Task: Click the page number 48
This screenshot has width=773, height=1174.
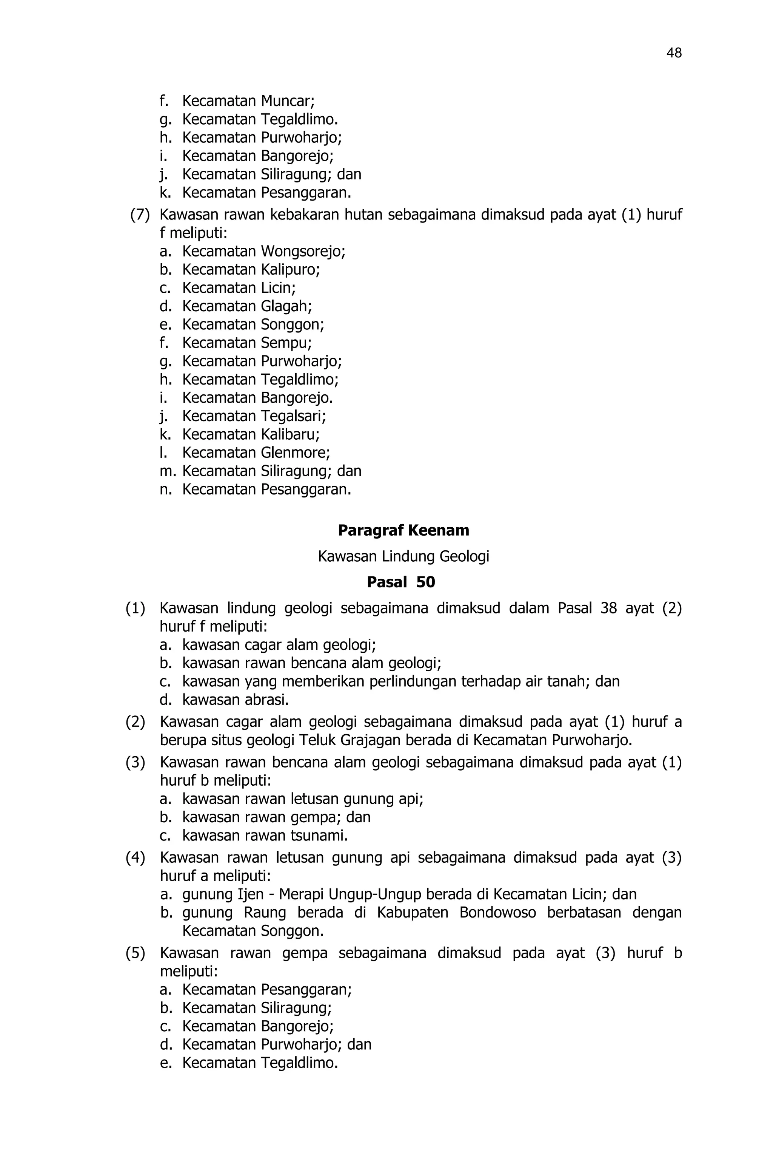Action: (x=673, y=53)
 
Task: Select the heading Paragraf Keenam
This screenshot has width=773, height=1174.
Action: (x=403, y=530)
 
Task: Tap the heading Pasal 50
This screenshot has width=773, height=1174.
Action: (x=401, y=582)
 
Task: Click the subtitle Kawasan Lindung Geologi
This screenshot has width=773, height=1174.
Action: (x=403, y=556)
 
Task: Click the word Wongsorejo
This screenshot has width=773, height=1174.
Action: (x=303, y=252)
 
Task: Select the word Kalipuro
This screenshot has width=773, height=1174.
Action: (x=290, y=270)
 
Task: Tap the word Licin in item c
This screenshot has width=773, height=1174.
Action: (x=278, y=288)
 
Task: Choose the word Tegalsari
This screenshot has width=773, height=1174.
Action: (x=293, y=416)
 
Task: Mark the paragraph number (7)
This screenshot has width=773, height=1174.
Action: (x=140, y=215)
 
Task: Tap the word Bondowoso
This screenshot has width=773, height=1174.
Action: (x=497, y=913)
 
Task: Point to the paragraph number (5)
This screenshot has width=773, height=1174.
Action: (x=135, y=953)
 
